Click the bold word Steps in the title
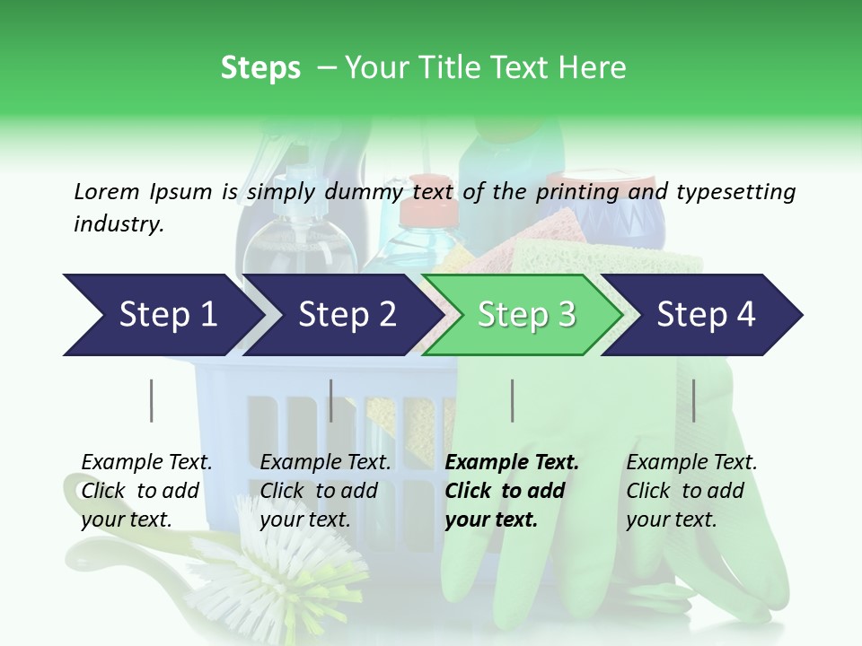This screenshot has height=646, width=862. [260, 68]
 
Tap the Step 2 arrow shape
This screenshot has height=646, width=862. [347, 315]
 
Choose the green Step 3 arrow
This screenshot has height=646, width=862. [526, 315]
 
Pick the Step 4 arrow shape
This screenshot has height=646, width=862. [706, 315]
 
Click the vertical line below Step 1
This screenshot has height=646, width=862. [152, 400]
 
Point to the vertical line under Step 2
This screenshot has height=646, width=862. [331, 400]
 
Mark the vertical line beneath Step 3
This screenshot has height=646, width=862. [512, 400]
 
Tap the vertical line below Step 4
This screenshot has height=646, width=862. [693, 400]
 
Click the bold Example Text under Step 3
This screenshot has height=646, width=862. [512, 463]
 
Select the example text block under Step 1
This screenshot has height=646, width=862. [146, 491]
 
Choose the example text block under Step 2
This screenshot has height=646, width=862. [325, 491]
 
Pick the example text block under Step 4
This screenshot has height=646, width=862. [691, 491]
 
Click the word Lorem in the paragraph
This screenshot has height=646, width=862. [106, 192]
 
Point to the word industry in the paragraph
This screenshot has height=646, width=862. [118, 224]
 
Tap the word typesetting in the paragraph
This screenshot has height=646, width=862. [735, 192]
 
